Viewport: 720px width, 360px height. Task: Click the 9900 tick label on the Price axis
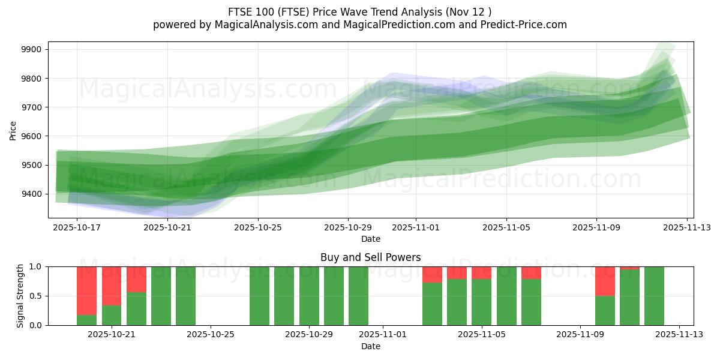click(31, 49)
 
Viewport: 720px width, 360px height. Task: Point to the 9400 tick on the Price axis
click(31, 194)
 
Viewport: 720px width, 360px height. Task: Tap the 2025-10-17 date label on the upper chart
click(77, 228)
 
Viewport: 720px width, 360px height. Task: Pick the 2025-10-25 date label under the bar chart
click(211, 335)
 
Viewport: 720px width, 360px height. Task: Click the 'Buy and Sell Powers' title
click(370, 257)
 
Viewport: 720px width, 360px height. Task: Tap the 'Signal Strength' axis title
click(20, 296)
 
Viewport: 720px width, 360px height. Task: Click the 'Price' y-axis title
click(13, 130)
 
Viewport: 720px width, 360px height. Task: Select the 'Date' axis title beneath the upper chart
click(370, 239)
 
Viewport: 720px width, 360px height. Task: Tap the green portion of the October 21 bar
click(112, 315)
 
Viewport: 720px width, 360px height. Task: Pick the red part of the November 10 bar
click(605, 281)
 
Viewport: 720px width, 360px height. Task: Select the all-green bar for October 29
click(309, 296)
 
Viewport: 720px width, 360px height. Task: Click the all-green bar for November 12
click(654, 296)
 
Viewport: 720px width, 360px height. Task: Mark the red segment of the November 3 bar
click(432, 274)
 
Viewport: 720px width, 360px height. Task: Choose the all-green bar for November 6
click(506, 296)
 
